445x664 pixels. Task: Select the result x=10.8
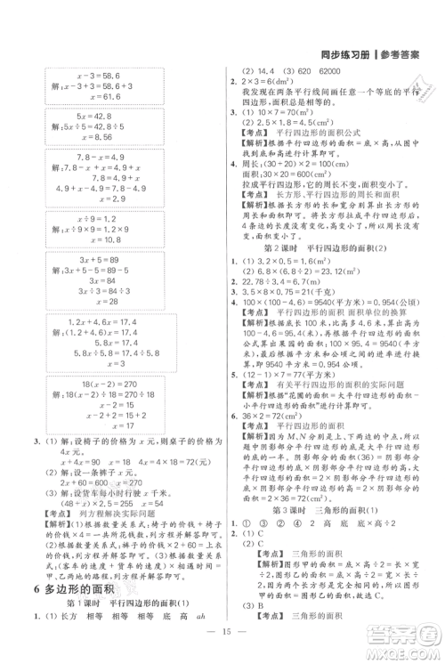coord(87,239)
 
